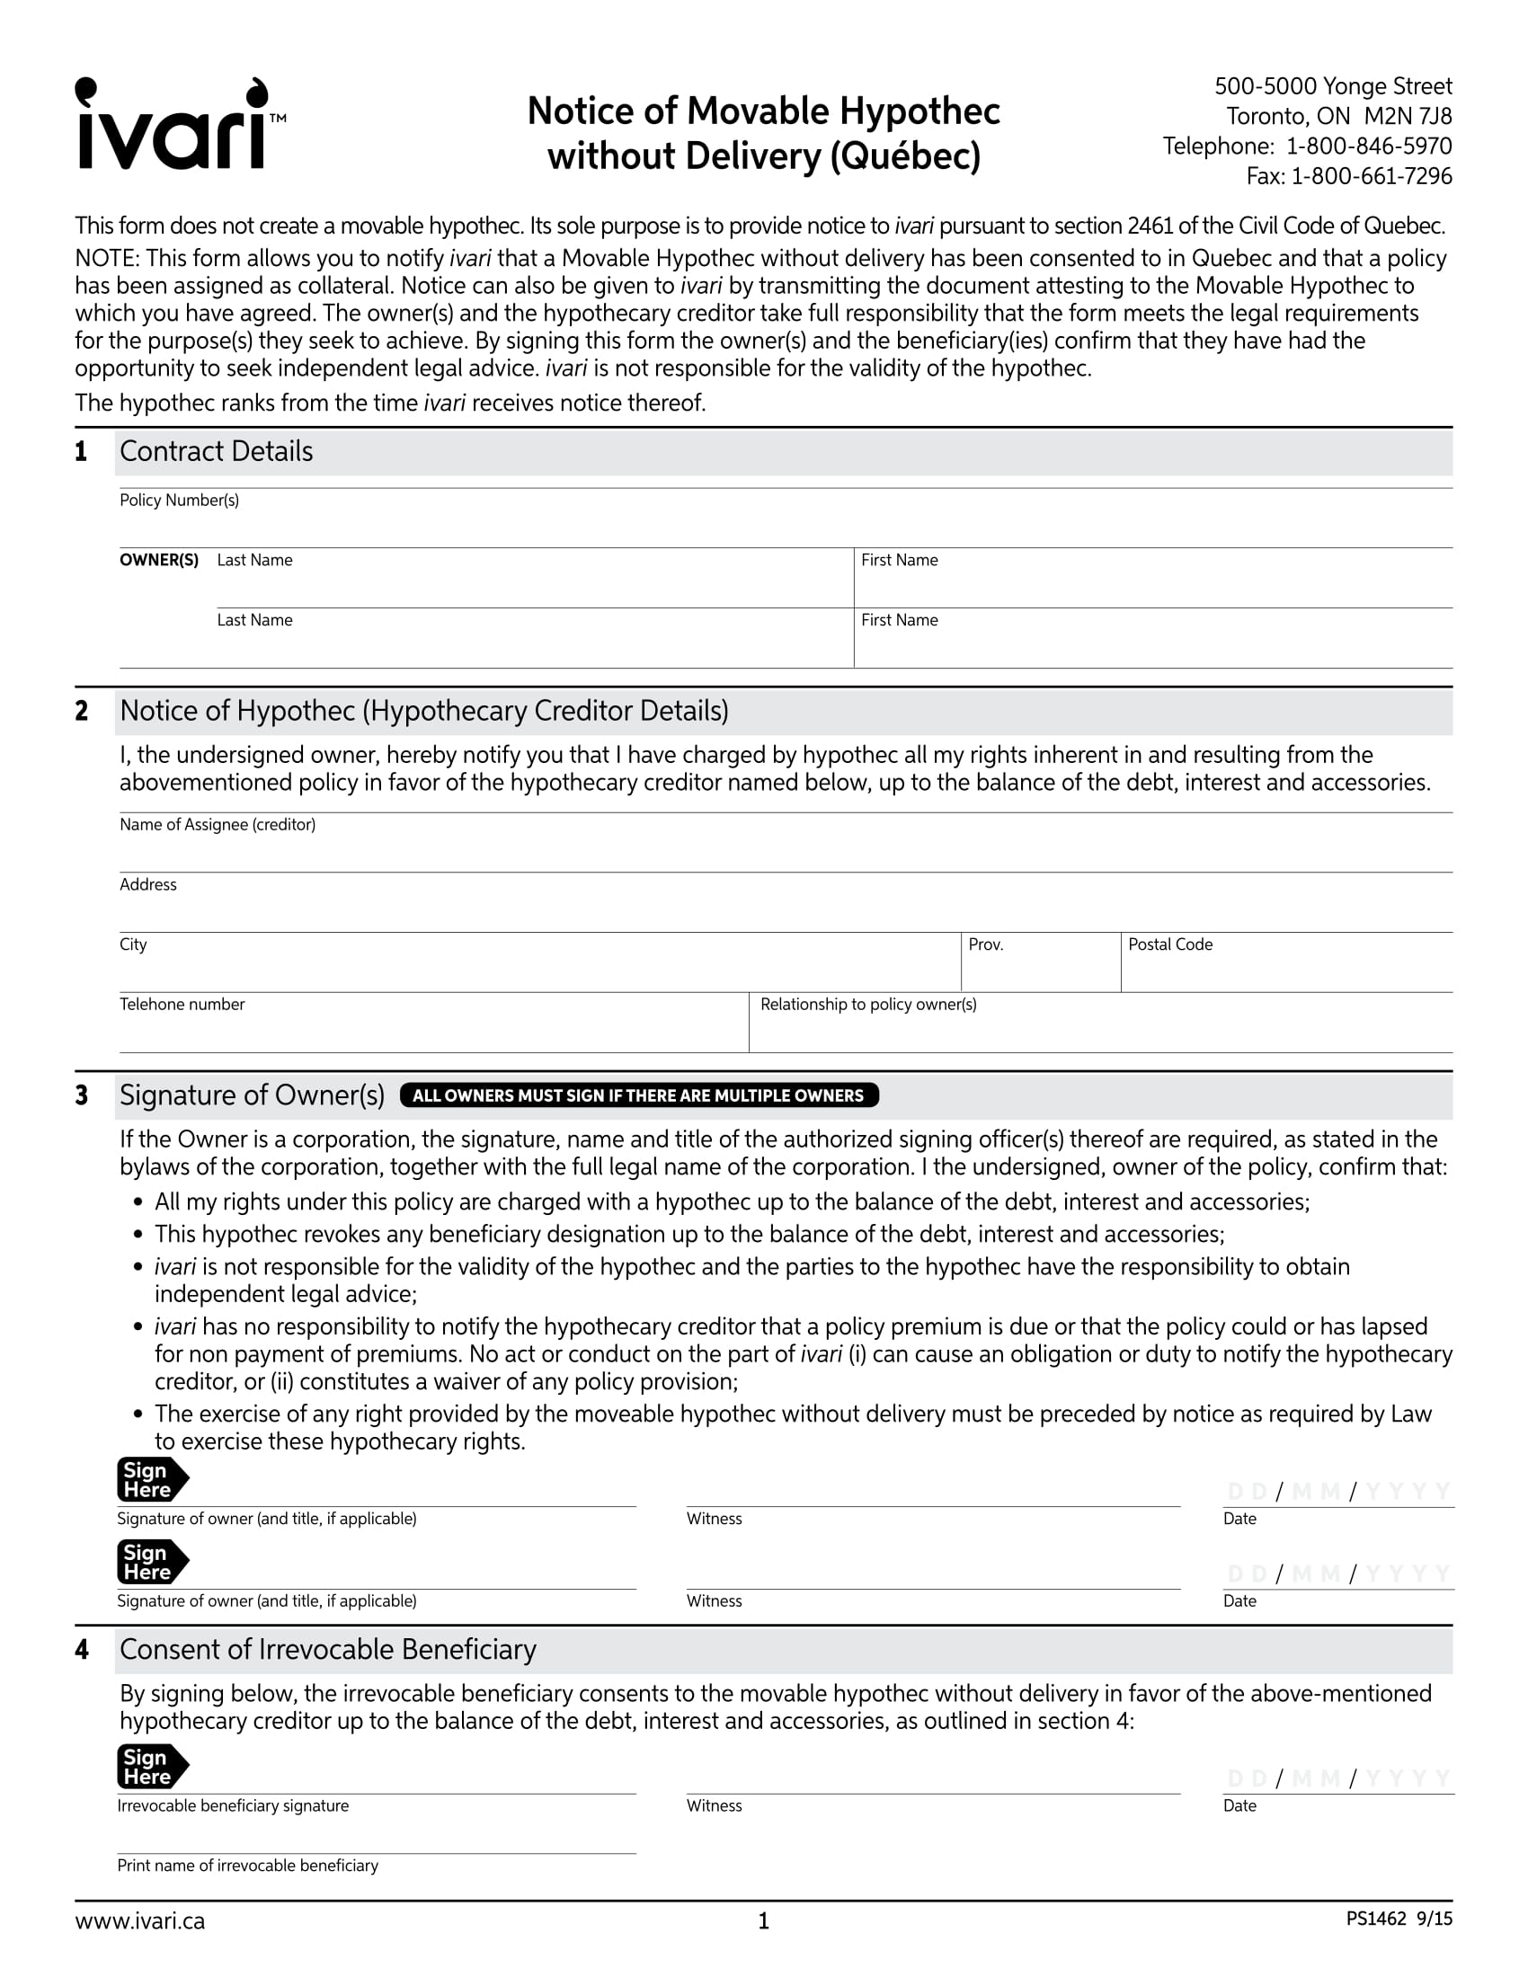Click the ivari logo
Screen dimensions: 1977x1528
[178, 125]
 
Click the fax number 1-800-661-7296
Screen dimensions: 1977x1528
[1371, 176]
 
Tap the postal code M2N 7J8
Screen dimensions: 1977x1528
[1408, 117]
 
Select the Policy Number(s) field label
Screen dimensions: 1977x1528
[179, 501]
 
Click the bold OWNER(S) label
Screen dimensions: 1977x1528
[159, 561]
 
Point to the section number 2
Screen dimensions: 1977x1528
[83, 711]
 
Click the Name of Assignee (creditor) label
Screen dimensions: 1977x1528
[218, 825]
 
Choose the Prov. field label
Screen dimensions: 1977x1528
[986, 944]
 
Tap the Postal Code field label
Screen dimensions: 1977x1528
[1169, 944]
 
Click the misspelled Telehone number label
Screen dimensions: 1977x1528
[182, 1004]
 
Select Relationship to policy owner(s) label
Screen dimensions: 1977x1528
[868, 1004]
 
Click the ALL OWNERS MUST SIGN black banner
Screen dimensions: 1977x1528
[638, 1095]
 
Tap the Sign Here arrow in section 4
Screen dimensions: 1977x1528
[151, 1766]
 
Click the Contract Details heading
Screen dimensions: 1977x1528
[217, 451]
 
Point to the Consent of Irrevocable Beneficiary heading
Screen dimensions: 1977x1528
[328, 1649]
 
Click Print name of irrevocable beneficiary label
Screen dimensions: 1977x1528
[247, 1866]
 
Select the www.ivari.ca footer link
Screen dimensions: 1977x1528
[140, 1922]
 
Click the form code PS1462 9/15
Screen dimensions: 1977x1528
[1399, 1919]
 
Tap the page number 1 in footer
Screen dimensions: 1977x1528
[763, 1922]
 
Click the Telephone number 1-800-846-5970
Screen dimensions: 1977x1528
[1369, 146]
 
